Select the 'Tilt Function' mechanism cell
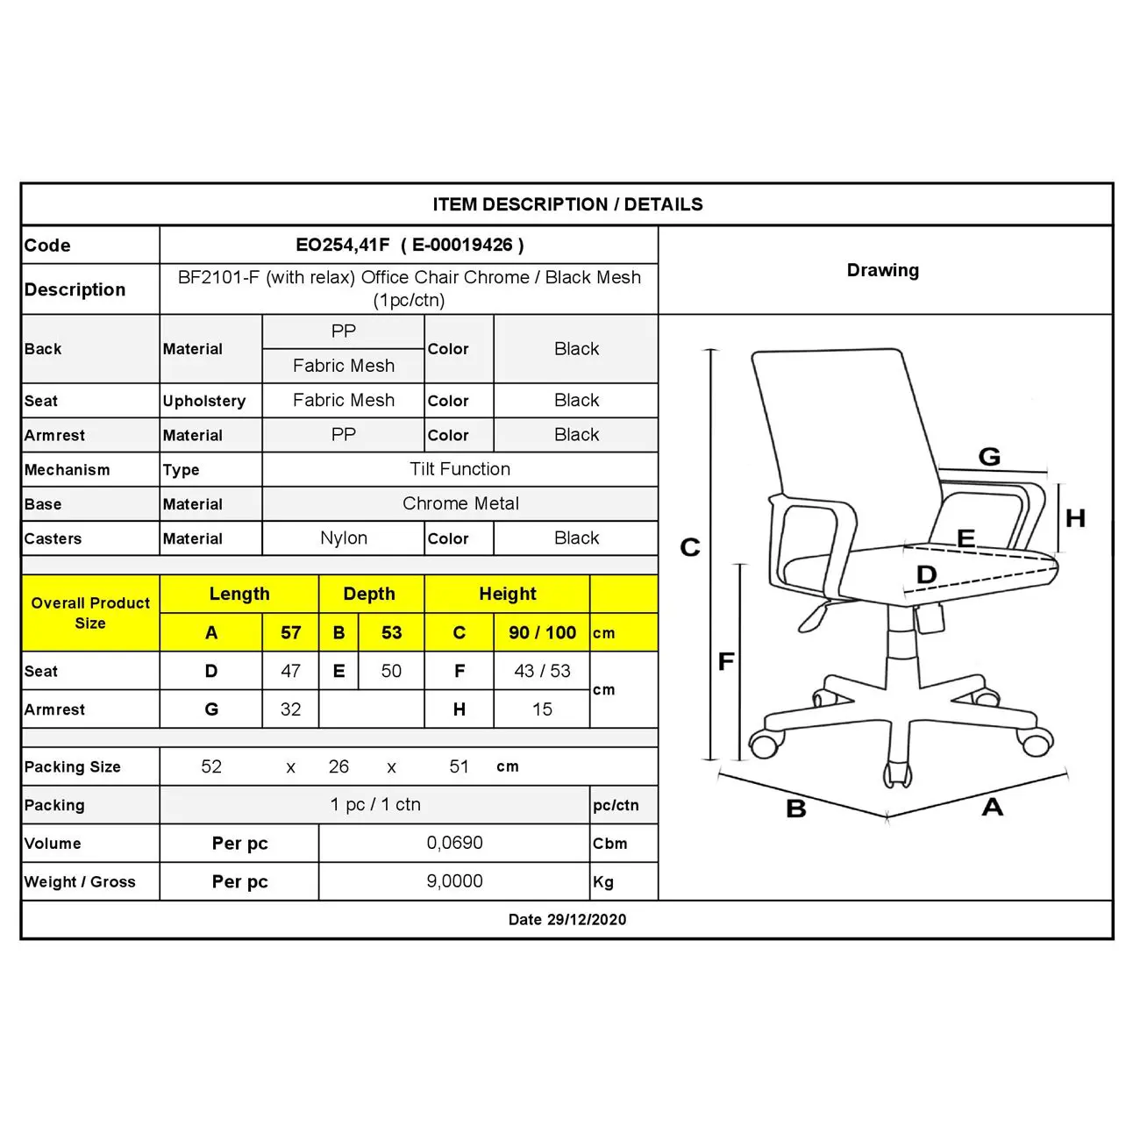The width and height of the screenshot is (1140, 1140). coord(460,469)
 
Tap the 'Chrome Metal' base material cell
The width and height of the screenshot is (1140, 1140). coord(460,503)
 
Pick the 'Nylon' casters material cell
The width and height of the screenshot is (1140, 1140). coord(344,538)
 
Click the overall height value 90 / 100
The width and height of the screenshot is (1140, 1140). coord(542,632)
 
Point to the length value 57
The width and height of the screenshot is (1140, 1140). coord(290,632)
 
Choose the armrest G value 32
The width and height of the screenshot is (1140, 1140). coord(290,709)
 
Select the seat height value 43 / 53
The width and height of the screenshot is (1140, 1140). coord(542,671)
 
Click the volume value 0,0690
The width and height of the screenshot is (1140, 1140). coord(454,843)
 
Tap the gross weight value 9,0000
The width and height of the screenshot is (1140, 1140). coord(454,881)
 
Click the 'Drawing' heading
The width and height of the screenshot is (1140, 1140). coord(882,270)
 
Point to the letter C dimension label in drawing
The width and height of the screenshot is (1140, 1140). coord(690,547)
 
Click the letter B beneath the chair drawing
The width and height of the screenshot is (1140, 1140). coord(795,809)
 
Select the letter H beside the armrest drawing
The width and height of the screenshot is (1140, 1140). coord(1075,518)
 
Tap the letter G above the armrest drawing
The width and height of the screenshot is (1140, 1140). coord(989,456)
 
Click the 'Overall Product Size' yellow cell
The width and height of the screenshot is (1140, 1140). coord(90,613)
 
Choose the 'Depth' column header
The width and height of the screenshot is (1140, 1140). coord(369,594)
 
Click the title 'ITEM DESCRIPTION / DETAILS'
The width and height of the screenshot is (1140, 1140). coord(567,204)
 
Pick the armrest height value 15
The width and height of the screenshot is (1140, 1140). coord(542,709)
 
